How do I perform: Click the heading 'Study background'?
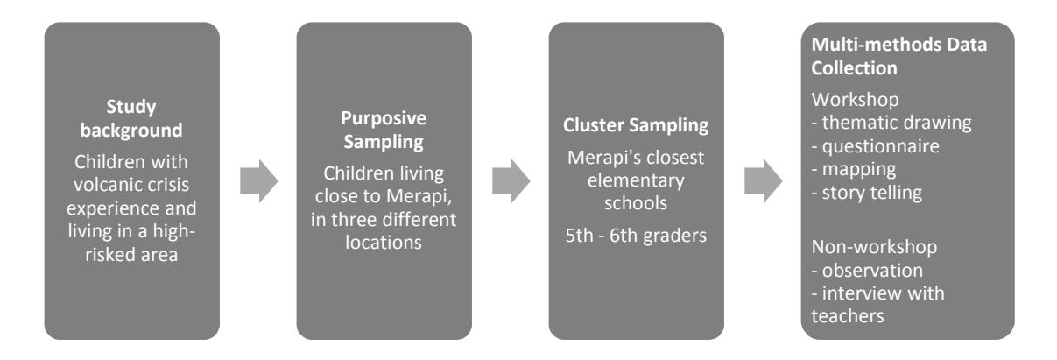click(131, 118)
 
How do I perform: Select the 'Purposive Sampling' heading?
click(384, 130)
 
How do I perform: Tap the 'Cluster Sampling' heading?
click(636, 125)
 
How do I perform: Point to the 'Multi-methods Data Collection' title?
click(898, 56)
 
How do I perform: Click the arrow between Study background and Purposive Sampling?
click(258, 181)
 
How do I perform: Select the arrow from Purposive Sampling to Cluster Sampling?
click(511, 181)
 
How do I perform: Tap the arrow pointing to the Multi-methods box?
click(763, 181)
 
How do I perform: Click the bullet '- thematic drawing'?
click(891, 123)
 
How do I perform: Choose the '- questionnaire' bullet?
click(876, 146)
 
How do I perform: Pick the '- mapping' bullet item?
click(854, 169)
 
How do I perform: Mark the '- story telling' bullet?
click(867, 193)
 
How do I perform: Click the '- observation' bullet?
click(867, 271)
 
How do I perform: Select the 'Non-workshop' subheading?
click(874, 247)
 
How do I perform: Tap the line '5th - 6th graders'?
click(636, 236)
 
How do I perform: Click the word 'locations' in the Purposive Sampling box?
click(384, 243)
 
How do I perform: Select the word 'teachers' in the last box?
click(848, 316)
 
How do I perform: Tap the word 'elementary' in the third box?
click(636, 180)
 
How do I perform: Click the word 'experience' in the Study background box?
click(112, 208)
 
